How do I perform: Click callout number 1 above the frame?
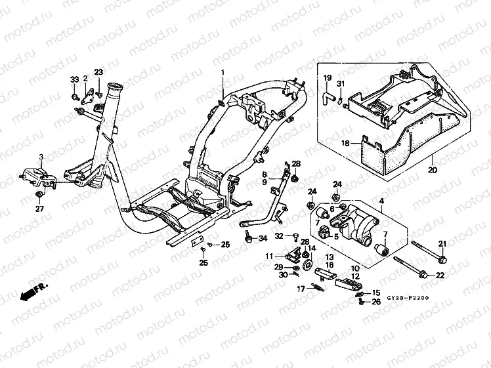coord(223,72)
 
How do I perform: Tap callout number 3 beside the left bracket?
coord(41,157)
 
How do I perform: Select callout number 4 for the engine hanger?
coord(381,199)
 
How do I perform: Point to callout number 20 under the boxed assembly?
coord(432,171)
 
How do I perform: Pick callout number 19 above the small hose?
coord(327,79)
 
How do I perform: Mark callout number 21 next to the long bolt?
coord(442,244)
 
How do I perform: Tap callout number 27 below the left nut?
coord(39,210)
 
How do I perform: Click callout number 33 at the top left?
coord(74,80)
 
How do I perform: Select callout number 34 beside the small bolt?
coord(263,238)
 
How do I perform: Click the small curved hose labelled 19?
coord(327,96)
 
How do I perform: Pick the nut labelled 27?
coord(41,195)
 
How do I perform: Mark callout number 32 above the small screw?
coord(279,235)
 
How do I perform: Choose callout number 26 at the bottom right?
coord(376,302)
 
